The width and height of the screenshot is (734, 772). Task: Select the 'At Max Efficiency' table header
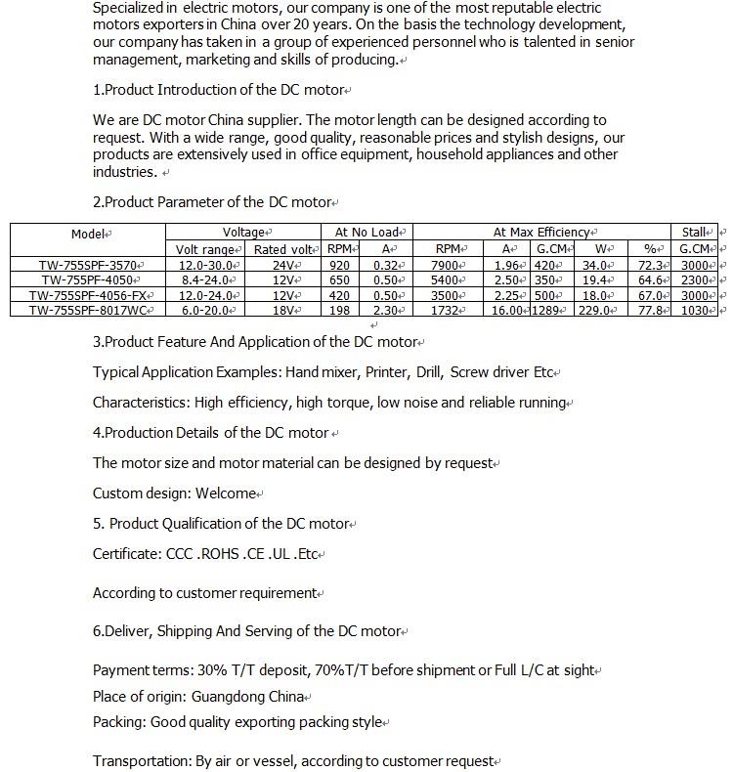click(542, 233)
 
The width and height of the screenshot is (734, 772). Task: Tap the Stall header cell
click(695, 233)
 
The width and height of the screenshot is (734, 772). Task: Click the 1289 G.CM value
click(546, 311)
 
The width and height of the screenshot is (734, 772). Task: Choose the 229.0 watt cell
click(594, 311)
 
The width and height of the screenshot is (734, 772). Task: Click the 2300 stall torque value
click(695, 280)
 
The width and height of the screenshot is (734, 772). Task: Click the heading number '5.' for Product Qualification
click(99, 524)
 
